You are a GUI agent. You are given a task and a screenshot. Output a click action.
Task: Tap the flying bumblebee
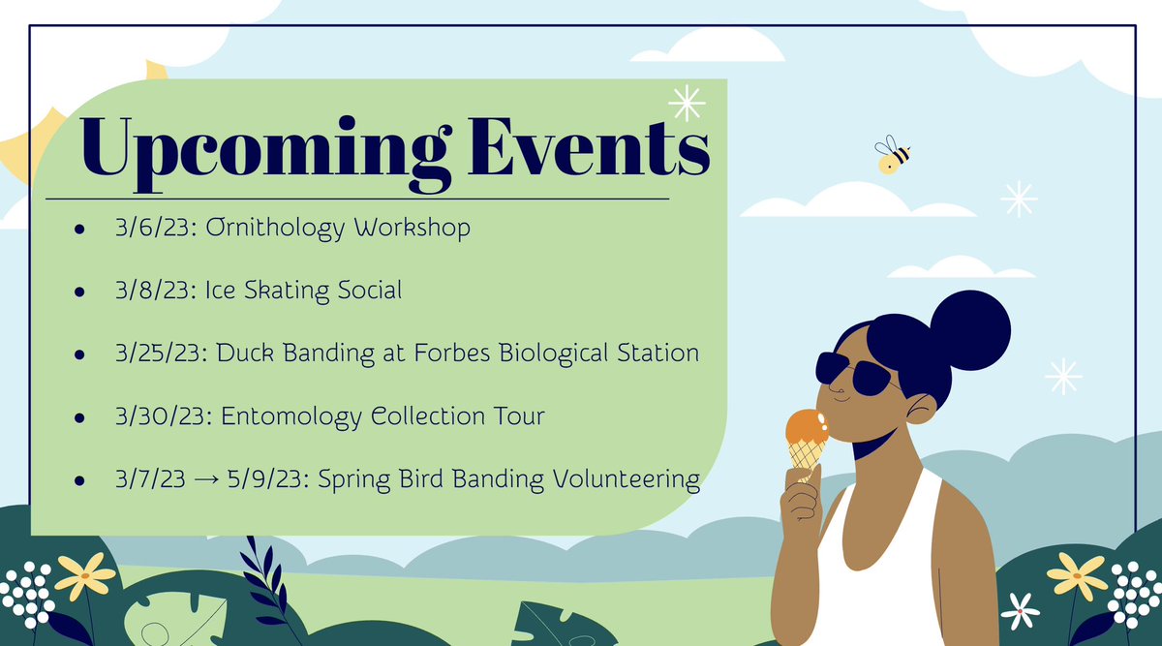892,155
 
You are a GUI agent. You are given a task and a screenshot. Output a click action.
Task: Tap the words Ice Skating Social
303,290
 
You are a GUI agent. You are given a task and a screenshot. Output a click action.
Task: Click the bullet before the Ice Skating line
80,292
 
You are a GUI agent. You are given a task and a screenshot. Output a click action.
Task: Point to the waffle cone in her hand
805,457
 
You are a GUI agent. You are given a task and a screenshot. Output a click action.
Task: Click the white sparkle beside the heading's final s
688,103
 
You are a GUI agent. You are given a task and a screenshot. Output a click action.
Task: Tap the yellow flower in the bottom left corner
85,577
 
